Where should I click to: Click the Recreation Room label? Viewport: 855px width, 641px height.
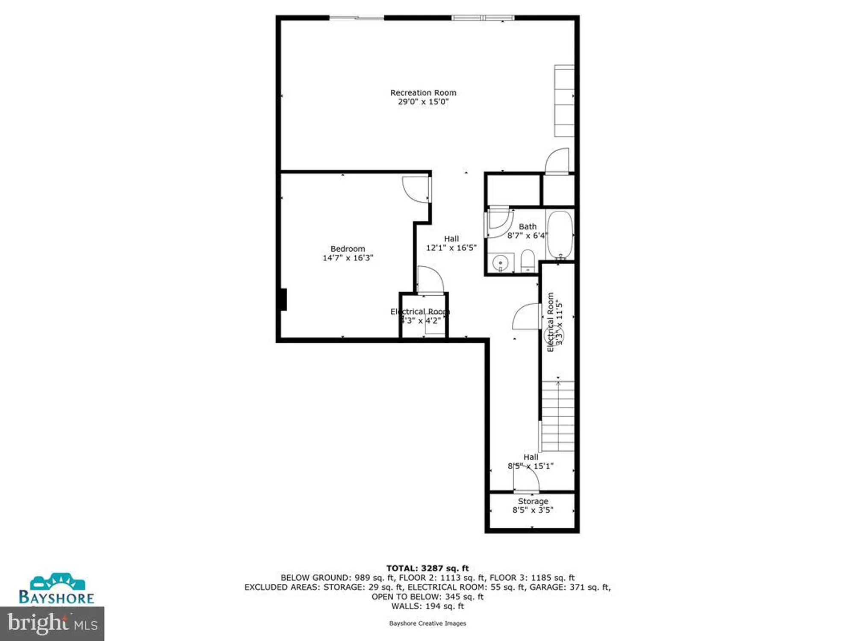pyautogui.click(x=423, y=93)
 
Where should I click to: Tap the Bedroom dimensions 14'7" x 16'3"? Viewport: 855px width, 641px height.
pyautogui.click(x=348, y=258)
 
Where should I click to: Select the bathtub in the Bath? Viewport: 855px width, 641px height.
pyautogui.click(x=560, y=234)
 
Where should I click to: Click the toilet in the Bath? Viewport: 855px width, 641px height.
pyautogui.click(x=528, y=261)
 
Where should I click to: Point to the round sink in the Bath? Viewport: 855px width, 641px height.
pyautogui.click(x=500, y=262)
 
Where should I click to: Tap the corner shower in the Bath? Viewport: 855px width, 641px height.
pyautogui.click(x=498, y=222)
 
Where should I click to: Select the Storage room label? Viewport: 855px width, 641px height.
pyautogui.click(x=533, y=501)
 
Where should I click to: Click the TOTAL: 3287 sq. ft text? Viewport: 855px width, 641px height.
pyautogui.click(x=427, y=568)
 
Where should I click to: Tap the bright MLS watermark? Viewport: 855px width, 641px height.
pyautogui.click(x=52, y=623)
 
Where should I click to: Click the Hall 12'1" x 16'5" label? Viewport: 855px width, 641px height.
pyautogui.click(x=451, y=243)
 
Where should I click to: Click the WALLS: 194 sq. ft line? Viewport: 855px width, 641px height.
pyautogui.click(x=427, y=606)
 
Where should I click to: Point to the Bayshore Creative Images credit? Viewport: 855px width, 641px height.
pyautogui.click(x=427, y=623)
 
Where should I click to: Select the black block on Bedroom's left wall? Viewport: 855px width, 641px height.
pyautogui.click(x=283, y=300)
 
